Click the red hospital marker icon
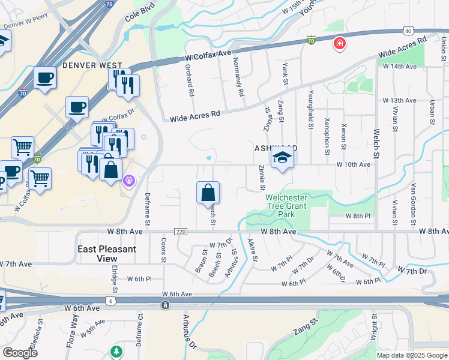point(339,43)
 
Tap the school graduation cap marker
point(281,158)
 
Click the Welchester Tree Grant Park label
point(287,206)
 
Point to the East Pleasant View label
point(107,253)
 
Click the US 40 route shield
point(408,30)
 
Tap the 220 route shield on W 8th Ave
point(181,232)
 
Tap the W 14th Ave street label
point(400,67)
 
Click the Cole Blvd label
point(140,11)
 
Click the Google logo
point(20,353)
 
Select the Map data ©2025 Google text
point(412,355)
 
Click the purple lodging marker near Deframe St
point(128,179)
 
